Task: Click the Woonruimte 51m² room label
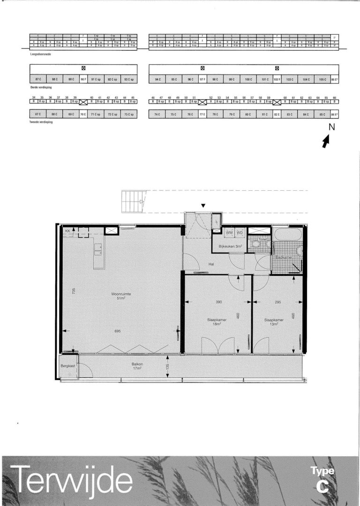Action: tap(121, 297)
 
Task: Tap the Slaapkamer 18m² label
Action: tap(217, 322)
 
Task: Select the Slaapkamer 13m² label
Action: tap(274, 322)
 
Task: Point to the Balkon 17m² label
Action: tap(137, 366)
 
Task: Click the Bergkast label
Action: tap(68, 365)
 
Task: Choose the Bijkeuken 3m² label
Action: tap(229, 246)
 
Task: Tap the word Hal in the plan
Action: tap(211, 264)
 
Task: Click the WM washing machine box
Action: tap(229, 232)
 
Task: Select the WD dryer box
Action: tap(240, 232)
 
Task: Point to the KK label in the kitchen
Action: tap(67, 231)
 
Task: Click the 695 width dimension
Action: tap(118, 331)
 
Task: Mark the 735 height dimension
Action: tap(74, 292)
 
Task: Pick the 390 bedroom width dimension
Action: tap(218, 302)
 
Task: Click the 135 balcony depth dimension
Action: tap(167, 366)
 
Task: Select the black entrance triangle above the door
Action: tap(203, 206)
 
